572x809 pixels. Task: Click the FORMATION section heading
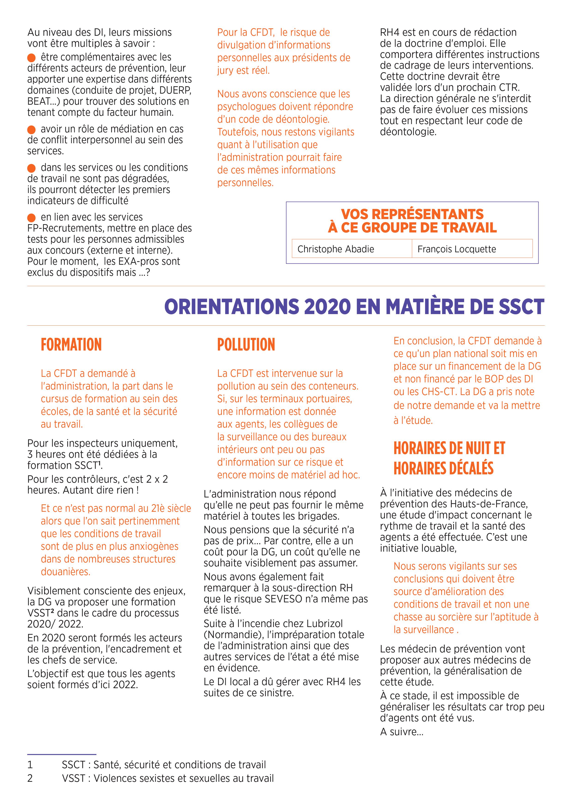[71, 345]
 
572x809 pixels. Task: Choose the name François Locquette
[456, 249]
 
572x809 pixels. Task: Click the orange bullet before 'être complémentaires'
[31, 57]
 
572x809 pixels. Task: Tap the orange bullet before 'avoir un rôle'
[31, 129]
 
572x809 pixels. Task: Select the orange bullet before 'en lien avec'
[31, 217]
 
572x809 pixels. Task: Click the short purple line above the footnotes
[62, 754]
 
